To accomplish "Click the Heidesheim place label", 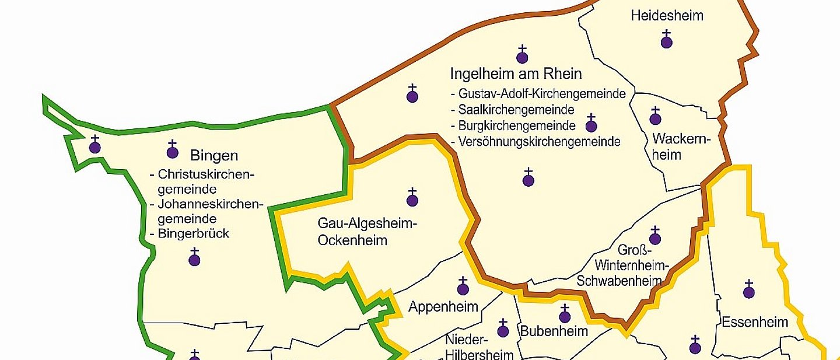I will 667,16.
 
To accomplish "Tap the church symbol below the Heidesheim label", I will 666,40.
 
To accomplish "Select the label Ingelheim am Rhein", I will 516,74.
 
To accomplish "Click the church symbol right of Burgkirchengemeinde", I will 591,124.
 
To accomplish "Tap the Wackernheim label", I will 674,147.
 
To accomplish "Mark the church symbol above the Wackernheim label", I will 655,117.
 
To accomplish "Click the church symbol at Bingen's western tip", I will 94,145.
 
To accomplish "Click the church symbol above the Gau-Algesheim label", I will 412,198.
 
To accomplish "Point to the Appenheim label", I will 443,307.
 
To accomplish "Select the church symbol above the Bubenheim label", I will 564,315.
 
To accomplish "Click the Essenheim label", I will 755,322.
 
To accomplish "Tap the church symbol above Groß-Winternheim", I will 654,236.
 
